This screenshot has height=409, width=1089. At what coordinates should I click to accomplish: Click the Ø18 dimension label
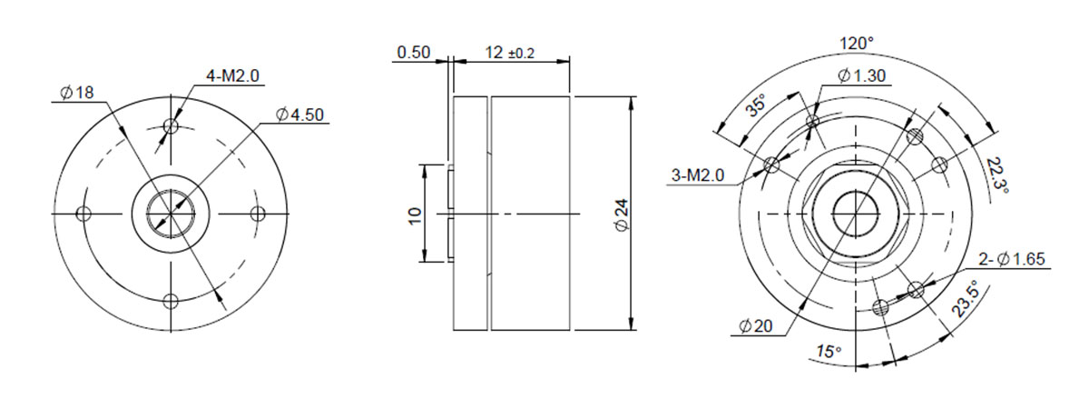(77, 92)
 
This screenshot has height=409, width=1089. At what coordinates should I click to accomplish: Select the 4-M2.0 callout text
(233, 75)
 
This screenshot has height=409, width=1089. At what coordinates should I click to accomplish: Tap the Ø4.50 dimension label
(299, 115)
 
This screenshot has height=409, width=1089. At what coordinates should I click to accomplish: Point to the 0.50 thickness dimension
(414, 52)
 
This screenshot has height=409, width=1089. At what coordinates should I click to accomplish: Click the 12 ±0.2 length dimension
(509, 53)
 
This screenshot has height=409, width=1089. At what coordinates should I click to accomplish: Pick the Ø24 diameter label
(623, 214)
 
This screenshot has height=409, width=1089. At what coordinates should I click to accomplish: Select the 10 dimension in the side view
(416, 215)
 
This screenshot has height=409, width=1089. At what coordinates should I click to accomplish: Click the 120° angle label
(857, 44)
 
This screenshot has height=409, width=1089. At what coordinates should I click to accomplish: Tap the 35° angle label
(757, 105)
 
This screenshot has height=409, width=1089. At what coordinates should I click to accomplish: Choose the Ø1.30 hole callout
(861, 75)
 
